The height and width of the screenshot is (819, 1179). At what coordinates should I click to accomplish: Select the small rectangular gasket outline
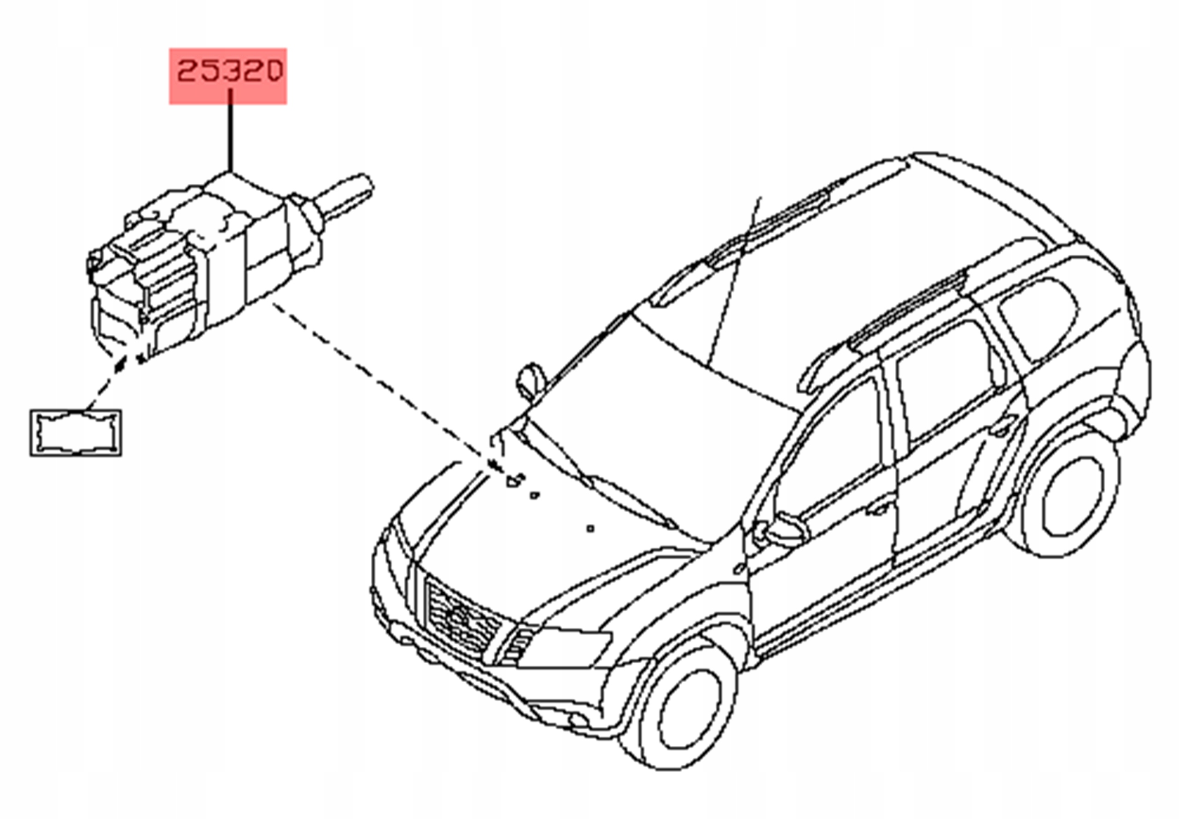(76, 433)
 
